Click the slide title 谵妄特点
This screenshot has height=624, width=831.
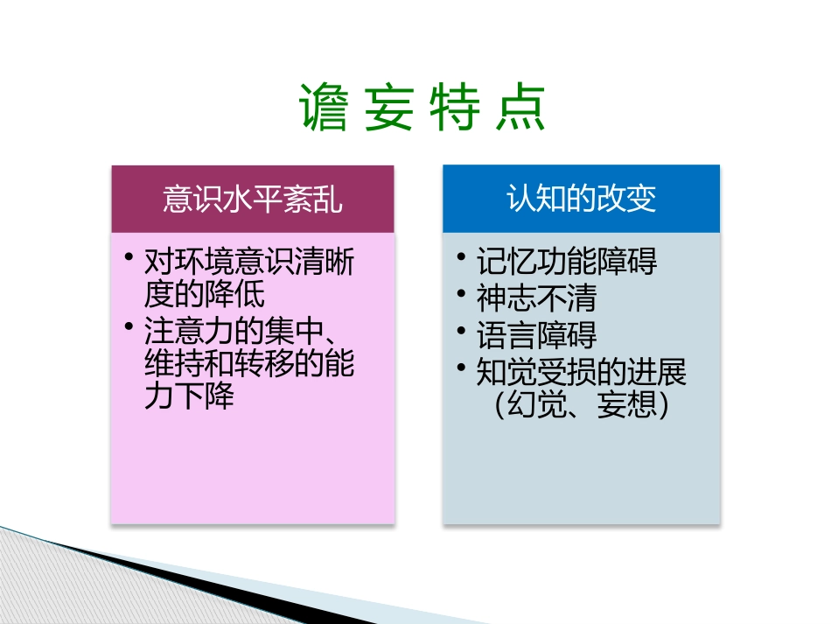423,109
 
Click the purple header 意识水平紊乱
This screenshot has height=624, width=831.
253,200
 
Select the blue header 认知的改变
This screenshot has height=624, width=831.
581,200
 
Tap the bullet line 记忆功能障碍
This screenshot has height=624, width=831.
567,262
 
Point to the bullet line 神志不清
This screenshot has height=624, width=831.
536,298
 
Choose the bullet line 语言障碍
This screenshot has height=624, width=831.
536,336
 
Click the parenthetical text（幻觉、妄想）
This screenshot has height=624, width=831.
582,405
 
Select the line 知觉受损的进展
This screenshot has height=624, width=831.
582,373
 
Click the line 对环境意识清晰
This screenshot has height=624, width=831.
249,262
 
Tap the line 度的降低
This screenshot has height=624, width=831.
205,293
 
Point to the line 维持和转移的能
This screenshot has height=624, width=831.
249,364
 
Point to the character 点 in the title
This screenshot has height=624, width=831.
521,109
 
